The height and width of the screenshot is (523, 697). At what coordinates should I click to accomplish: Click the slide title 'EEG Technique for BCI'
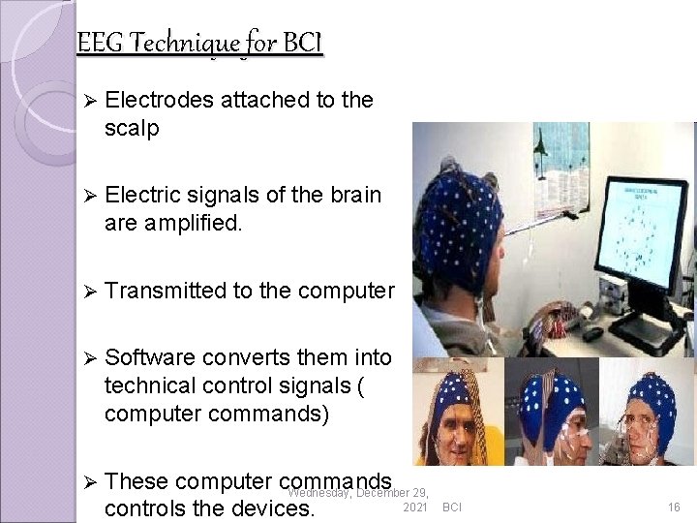pos(199,44)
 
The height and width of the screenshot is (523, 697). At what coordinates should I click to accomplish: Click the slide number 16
pos(674,508)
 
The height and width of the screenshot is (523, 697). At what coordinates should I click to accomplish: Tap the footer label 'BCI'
pos(452,508)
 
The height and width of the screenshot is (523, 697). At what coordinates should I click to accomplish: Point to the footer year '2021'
pos(413,508)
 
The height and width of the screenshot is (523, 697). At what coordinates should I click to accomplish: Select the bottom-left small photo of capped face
pos(457,412)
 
